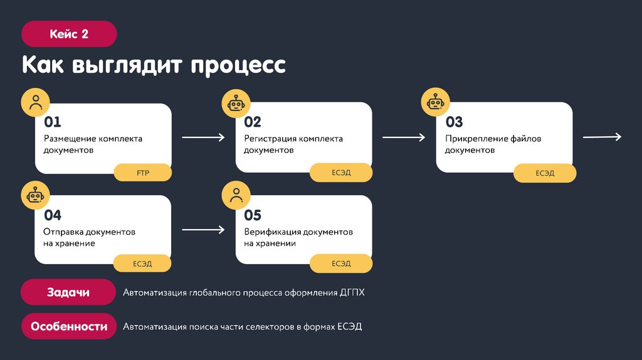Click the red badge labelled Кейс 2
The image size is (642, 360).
pos(69,34)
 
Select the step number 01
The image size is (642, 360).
pos(53,122)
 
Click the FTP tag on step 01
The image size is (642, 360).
pos(142,172)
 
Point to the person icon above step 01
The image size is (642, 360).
pos(36,103)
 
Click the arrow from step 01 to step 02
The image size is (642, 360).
pos(203,137)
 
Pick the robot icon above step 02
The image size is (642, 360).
pos(236,103)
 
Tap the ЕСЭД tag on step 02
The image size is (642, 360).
pos(342,172)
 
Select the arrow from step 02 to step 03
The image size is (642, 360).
pos(404,137)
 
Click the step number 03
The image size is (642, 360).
pos(454,122)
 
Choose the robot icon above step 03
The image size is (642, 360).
pos(437,103)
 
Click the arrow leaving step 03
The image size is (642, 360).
pos(602,137)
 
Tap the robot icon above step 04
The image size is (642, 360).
pos(36,196)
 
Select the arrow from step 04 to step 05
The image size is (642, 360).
pos(203,230)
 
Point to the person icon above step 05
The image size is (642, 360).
pos(236,196)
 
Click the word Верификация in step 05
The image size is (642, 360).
pos(272,232)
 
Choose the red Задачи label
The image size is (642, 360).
pos(68,292)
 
